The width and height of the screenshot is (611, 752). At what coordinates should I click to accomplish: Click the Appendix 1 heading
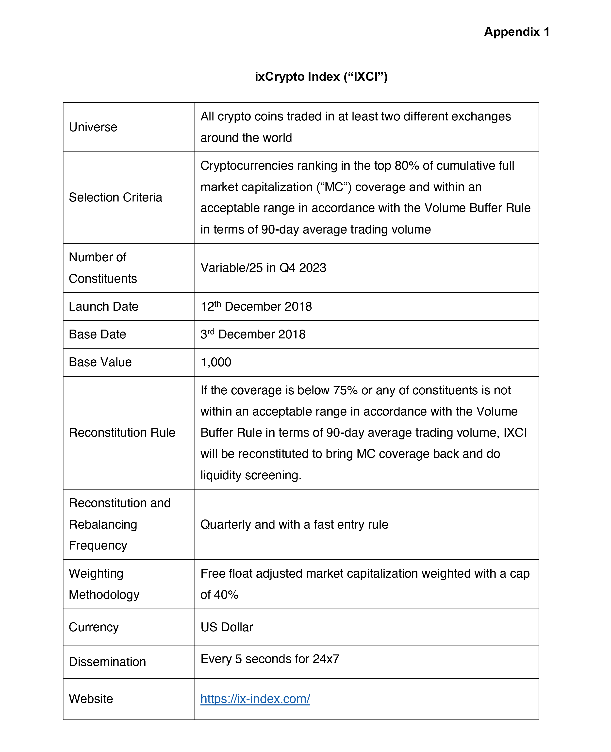pyautogui.click(x=516, y=32)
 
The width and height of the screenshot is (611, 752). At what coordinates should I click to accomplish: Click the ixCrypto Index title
pyautogui.click(x=321, y=77)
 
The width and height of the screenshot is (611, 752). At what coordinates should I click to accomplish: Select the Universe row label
pyautogui.click(x=93, y=127)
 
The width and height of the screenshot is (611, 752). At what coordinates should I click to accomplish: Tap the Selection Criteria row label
pyautogui.click(x=116, y=198)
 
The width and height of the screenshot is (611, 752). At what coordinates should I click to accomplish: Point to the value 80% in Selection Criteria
pyautogui.click(x=407, y=166)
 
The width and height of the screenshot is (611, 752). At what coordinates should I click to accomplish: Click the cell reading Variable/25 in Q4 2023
pyautogui.click(x=263, y=268)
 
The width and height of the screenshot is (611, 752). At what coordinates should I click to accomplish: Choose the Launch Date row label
pyautogui.click(x=103, y=307)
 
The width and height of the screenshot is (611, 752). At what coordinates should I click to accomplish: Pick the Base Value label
pyautogui.click(x=100, y=362)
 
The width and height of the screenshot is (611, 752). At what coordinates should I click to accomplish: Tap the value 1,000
pyautogui.click(x=216, y=362)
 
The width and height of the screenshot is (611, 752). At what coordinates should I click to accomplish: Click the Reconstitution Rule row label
pyautogui.click(x=122, y=433)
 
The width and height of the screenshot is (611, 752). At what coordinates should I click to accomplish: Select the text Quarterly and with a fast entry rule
pyautogui.click(x=294, y=525)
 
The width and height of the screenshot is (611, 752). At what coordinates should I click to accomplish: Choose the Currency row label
pyautogui.click(x=94, y=627)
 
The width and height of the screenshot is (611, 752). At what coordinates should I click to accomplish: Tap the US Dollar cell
pyautogui.click(x=227, y=627)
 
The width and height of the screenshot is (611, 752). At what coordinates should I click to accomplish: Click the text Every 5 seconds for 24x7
pyautogui.click(x=270, y=659)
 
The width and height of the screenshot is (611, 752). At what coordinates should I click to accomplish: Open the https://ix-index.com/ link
pyautogui.click(x=255, y=699)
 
